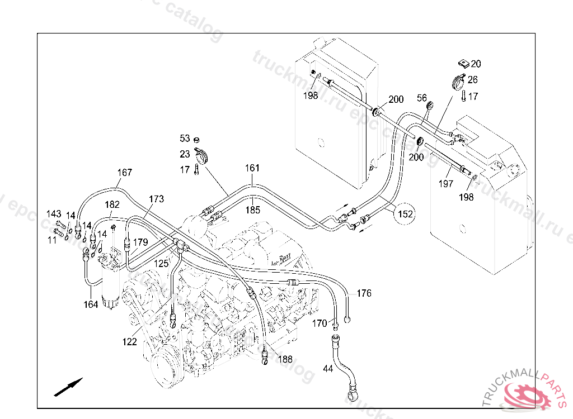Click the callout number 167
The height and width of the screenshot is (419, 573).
click(x=124, y=173)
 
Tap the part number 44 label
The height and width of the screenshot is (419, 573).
click(x=327, y=369)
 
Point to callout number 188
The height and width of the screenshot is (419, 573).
click(x=285, y=359)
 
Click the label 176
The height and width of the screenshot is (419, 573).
click(x=364, y=293)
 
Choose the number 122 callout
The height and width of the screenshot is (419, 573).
click(x=129, y=342)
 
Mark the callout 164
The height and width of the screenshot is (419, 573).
click(x=91, y=304)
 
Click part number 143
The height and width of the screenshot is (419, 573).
click(x=54, y=214)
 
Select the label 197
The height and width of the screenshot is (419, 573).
click(x=446, y=184)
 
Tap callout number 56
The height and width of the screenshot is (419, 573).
click(x=421, y=98)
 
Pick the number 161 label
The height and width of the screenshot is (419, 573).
click(x=252, y=168)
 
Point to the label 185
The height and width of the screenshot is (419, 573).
click(x=253, y=211)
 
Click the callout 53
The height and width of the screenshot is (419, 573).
click(x=185, y=138)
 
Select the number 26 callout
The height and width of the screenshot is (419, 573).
click(x=473, y=80)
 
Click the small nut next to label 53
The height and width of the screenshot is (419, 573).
click(x=196, y=139)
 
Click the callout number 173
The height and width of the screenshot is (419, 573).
click(x=157, y=199)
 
